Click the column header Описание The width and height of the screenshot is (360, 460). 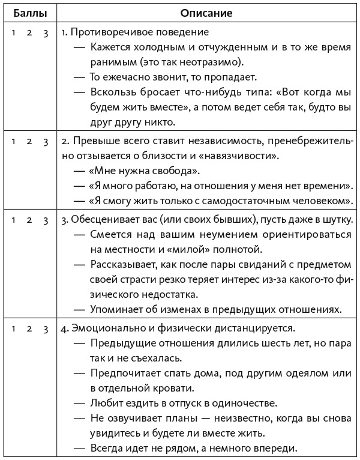coord(206,12)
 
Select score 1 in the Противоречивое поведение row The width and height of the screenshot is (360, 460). coord(13,32)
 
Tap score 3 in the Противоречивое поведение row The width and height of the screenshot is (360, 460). coord(46,32)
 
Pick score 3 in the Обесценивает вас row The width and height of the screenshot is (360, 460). coord(46,219)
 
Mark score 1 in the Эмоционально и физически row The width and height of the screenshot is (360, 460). coord(13,328)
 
